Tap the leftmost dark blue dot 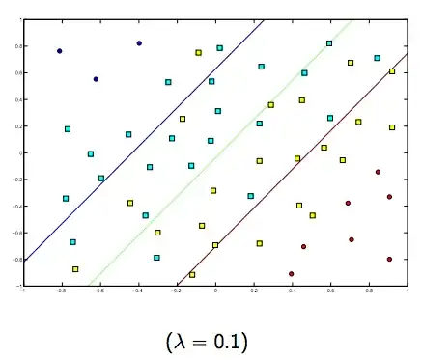tap(60, 51)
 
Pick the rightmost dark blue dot tap(139, 43)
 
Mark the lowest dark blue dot tap(96, 79)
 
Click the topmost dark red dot tap(378, 172)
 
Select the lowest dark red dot tap(291, 274)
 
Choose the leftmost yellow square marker tap(75, 269)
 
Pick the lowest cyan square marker tap(156, 258)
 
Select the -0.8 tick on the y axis tap(14, 259)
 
